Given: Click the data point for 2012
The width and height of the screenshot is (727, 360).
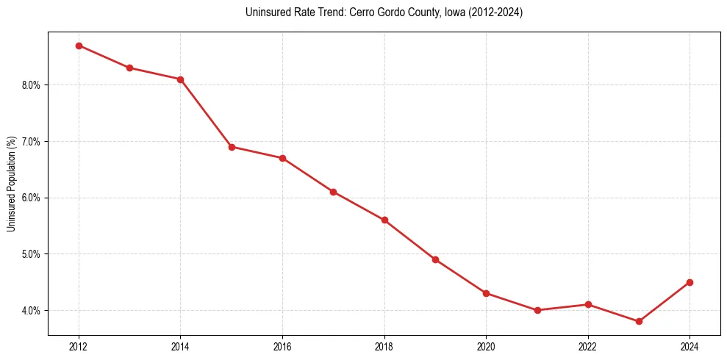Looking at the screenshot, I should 79,46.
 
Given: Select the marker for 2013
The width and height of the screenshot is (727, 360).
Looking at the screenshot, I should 129,68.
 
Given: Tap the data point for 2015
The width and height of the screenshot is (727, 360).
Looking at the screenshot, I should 232,147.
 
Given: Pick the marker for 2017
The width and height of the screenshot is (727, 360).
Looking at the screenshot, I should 333,192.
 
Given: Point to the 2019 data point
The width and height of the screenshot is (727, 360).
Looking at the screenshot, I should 435,259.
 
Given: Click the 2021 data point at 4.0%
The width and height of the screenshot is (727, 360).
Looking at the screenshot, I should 537,310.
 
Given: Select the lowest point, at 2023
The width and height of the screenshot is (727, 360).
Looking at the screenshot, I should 639,321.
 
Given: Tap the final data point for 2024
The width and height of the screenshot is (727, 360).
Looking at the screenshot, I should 690,282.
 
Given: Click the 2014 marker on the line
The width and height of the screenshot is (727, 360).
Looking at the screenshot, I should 180,79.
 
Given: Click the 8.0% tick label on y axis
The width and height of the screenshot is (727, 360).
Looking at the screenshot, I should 31,85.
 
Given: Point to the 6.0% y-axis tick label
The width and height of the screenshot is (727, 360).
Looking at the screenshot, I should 31,198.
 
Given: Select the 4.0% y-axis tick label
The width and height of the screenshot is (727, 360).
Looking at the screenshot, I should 31,311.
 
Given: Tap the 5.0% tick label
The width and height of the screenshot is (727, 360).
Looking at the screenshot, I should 31,254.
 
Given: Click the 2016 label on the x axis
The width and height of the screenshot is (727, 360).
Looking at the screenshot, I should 282,346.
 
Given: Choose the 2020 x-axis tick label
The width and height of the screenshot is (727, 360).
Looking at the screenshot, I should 486,346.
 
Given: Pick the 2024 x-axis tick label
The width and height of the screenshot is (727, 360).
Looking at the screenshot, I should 690,346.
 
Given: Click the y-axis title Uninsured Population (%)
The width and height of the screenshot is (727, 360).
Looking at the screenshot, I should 11,184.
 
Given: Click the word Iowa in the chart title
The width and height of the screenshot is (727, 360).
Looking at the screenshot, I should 444,12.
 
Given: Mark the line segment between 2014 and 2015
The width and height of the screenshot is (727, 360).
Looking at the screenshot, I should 206,113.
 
